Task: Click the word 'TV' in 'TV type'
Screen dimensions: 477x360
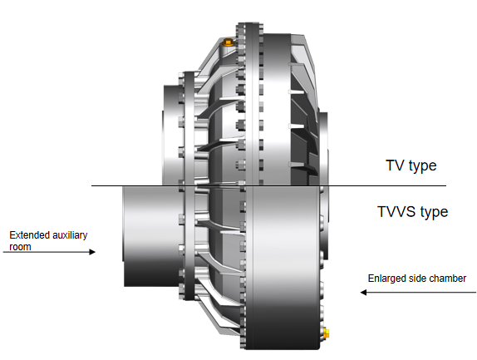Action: coord(395,165)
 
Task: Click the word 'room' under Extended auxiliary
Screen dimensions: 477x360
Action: coord(20,247)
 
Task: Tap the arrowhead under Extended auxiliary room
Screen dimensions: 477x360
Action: coord(92,252)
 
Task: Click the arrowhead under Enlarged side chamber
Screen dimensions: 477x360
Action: coord(363,293)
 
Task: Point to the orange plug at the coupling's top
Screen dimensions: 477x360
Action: coord(228,42)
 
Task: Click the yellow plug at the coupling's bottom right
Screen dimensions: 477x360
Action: coord(326,333)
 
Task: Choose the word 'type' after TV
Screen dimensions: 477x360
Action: coord(422,166)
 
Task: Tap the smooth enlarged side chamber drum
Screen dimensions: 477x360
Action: coord(285,268)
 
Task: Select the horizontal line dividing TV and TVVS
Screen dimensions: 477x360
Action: coord(268,185)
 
